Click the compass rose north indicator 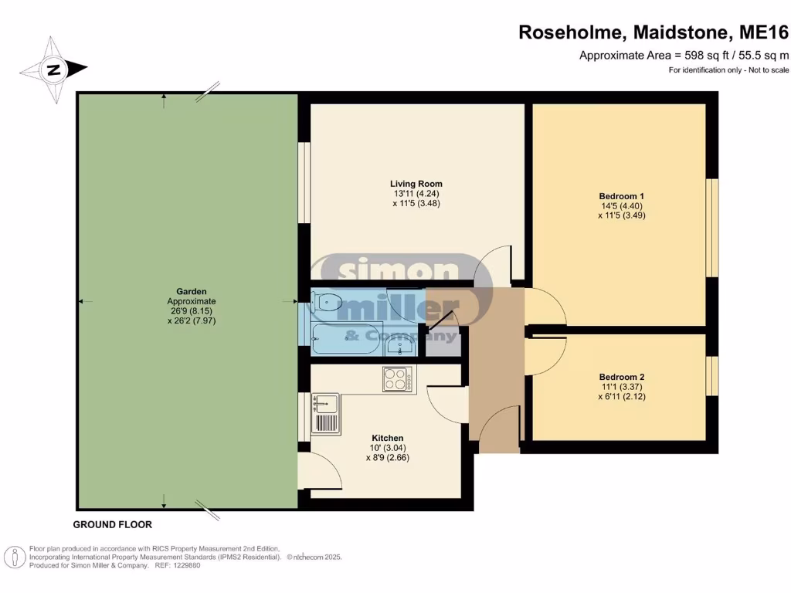pos(53,70)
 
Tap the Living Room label pos(416,184)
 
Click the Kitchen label pos(386,438)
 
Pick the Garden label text pos(192,291)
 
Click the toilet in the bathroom pos(328,302)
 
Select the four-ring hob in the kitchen pos(397,378)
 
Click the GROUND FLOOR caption pos(112,524)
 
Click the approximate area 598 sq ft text pos(684,55)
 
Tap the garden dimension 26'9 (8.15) pos(192,310)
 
